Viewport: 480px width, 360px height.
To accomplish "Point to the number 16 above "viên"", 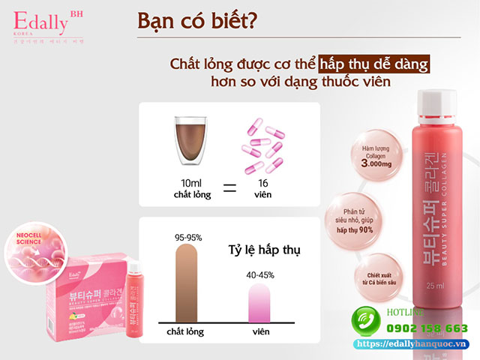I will (262, 184).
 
